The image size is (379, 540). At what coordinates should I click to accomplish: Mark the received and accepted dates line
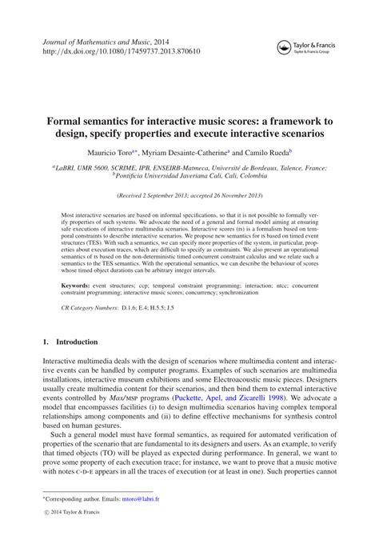pos(189,194)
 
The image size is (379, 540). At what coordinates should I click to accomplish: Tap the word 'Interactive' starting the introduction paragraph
pos(62,384)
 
